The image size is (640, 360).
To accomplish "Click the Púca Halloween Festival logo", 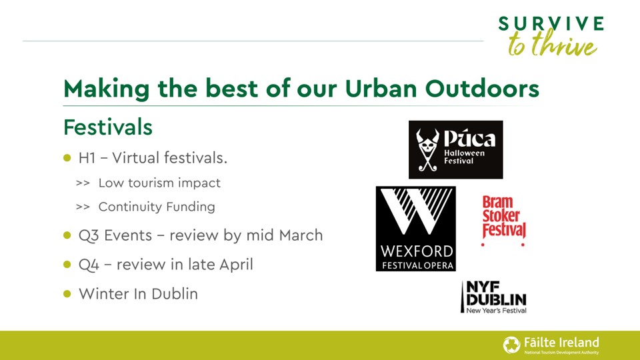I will pos(455,149).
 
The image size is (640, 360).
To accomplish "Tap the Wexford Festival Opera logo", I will pos(416,229).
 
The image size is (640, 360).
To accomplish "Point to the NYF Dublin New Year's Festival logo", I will pos(493,297).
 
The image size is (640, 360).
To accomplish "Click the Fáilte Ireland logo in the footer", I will pos(551,344).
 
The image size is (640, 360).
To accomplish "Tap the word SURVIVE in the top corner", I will pos(551,25).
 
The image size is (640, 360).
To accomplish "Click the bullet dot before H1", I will pos(67,159).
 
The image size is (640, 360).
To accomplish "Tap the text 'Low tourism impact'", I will pos(159,183).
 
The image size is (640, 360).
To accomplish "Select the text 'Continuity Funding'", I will pos(157,207).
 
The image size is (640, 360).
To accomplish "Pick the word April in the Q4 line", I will pos(236,265).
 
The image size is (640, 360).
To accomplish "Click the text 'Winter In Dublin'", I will pos(138,294).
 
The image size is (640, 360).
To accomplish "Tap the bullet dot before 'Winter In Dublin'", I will pos(67,294).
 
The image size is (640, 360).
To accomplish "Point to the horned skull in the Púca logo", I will pos(428,148).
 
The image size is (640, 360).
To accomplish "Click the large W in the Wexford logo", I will pos(416,214).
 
